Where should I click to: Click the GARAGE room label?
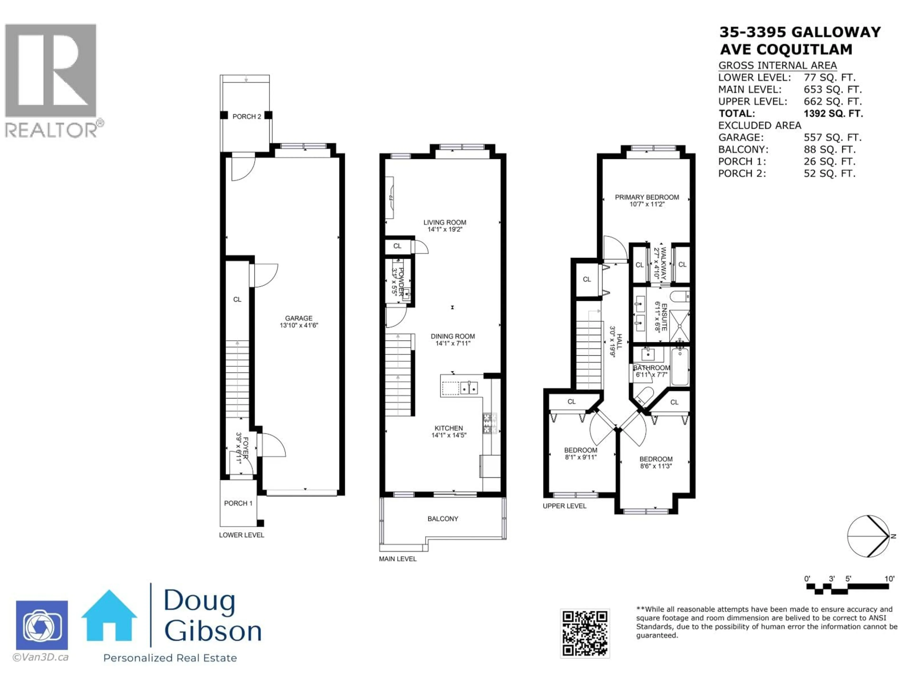[x=299, y=318]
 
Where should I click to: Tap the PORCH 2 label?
[x=247, y=117]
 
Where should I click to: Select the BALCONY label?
[x=442, y=519]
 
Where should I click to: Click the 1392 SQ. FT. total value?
[x=833, y=113]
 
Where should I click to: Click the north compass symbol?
[x=869, y=536]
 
